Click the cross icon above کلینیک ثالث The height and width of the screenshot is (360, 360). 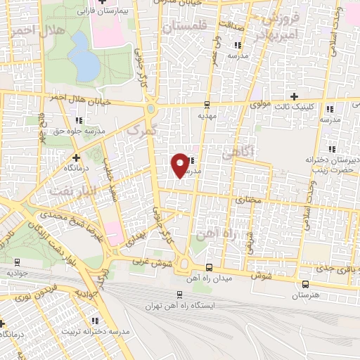[294, 96]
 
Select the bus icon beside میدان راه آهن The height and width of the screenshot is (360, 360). [209, 268]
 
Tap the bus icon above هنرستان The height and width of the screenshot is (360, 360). [305, 284]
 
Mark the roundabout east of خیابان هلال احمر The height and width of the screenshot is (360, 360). [150, 110]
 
